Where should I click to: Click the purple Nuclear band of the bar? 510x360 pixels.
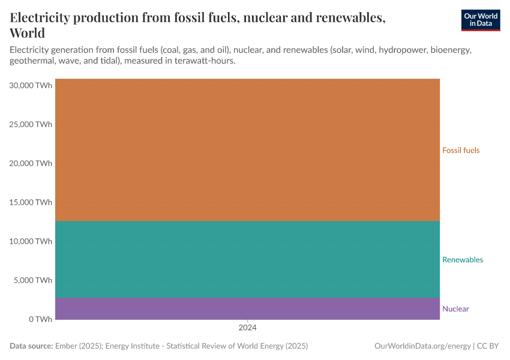pos(247,308)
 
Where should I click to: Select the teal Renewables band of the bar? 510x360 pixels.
pos(247,259)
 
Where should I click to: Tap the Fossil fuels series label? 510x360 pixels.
pos(461,150)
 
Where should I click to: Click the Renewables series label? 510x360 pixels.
pos(462,260)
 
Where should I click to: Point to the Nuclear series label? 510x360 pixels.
pos(455,309)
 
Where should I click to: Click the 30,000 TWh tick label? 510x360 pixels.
pos(31,85)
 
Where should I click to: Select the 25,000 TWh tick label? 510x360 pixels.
pos(31,124)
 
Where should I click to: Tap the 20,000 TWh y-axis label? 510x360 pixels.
pos(31,163)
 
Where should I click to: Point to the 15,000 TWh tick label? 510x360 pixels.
pos(31,202)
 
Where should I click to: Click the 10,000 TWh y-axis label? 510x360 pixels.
pos(31,241)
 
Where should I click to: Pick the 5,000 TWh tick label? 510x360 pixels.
pos(33,280)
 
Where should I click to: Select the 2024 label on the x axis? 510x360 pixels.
pos(247,328)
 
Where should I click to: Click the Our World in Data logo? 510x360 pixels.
pos(480,20)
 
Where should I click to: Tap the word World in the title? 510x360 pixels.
pos(28,33)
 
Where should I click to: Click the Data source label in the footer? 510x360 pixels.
pos(31,346)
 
